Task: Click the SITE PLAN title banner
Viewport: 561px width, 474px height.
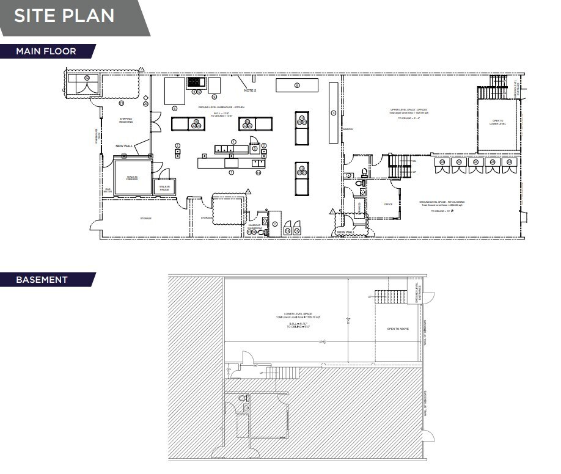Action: click(64, 16)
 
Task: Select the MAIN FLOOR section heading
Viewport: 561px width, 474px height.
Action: click(46, 51)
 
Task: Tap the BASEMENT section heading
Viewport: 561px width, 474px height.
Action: click(42, 280)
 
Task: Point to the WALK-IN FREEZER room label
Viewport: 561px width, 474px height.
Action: click(131, 178)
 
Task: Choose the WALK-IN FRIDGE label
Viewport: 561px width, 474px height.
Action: click(165, 188)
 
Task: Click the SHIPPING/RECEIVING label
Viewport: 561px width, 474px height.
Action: click(126, 120)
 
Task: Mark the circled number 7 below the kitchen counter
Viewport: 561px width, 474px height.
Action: click(231, 173)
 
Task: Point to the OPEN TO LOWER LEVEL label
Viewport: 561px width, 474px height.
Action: click(498, 122)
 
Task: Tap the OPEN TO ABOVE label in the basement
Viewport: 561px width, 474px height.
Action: click(398, 329)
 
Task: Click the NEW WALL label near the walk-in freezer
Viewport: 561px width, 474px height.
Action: click(124, 146)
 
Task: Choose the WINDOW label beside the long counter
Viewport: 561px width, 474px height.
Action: click(348, 129)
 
